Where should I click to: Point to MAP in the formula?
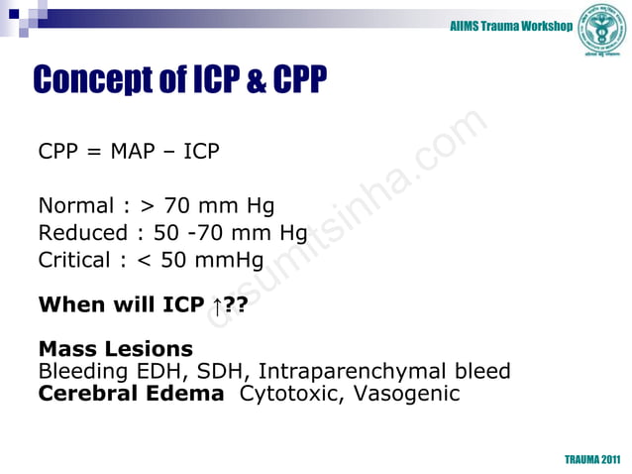click(134, 152)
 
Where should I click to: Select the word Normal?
click(75, 206)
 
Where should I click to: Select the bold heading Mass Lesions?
click(115, 349)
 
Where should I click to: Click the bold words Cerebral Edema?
click(131, 394)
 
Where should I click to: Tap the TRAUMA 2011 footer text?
click(592, 460)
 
